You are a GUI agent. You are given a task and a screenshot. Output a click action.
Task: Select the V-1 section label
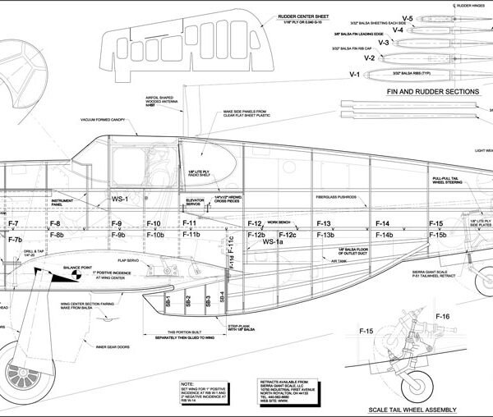tap(356, 74)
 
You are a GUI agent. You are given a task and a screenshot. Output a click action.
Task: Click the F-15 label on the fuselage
tap(435, 224)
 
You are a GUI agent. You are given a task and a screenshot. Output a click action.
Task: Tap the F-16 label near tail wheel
tap(442, 316)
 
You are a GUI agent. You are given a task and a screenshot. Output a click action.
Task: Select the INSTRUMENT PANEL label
tap(65, 202)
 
